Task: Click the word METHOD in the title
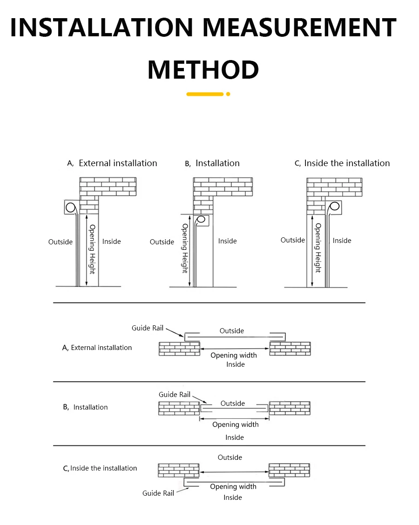(203, 70)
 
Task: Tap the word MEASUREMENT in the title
(299, 28)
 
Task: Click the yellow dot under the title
(228, 94)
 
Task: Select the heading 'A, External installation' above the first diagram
(112, 163)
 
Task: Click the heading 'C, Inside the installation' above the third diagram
(342, 163)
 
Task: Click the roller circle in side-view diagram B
(201, 219)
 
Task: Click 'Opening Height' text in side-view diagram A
(92, 249)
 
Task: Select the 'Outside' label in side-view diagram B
(162, 242)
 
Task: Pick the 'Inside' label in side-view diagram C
(342, 240)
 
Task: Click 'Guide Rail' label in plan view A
(148, 328)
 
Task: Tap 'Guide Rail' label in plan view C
(158, 493)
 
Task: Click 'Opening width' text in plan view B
(235, 424)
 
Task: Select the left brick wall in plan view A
(179, 349)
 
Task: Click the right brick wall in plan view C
(289, 470)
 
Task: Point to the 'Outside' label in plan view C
(230, 458)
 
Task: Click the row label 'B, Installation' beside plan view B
(86, 407)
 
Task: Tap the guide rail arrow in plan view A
(175, 332)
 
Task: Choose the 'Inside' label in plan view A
(236, 364)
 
